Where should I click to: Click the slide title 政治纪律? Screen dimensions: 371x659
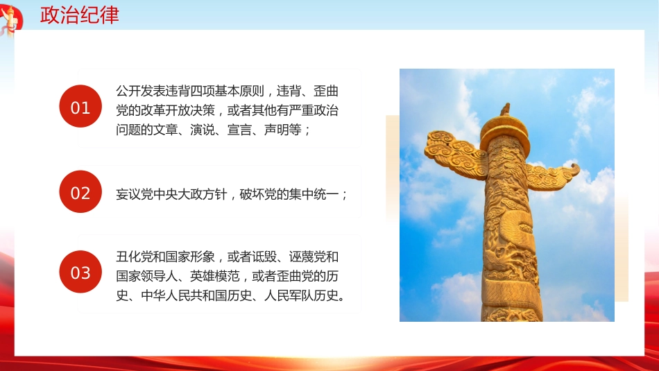(79, 15)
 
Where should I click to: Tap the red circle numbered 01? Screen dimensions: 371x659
(80, 107)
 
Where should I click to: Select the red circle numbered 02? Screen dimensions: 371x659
(80, 192)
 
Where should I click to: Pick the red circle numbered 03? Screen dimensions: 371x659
(80, 273)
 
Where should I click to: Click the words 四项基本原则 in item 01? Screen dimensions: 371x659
(228, 92)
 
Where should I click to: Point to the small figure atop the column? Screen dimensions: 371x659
(505, 110)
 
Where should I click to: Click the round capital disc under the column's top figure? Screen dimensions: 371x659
(505, 128)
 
